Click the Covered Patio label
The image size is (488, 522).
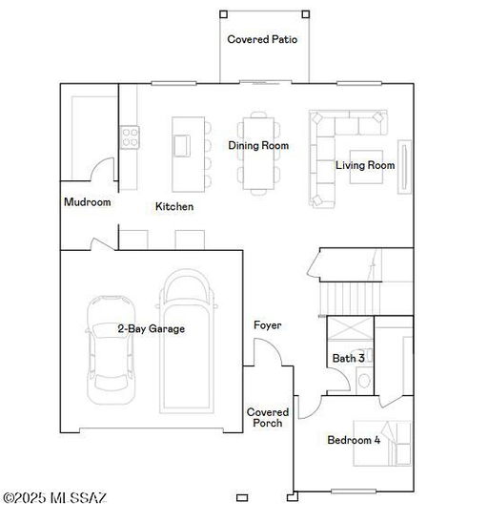click(262, 39)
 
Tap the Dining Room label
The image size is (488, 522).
click(257, 146)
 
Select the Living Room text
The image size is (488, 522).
click(364, 165)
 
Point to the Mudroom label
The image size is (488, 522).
click(87, 202)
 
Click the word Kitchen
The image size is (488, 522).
click(174, 206)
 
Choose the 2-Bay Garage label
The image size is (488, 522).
click(151, 328)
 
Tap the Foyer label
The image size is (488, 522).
click(267, 325)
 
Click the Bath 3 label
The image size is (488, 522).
click(348, 358)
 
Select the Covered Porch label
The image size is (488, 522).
click(268, 417)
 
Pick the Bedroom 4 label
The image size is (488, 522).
click(354, 440)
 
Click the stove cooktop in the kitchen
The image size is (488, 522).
click(129, 138)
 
